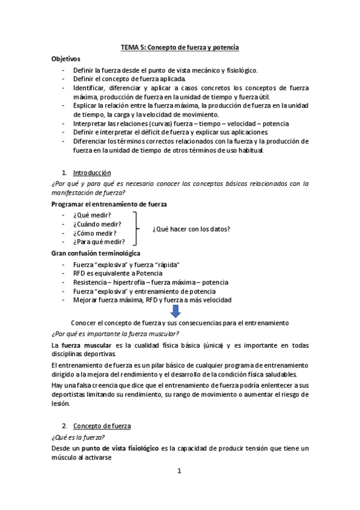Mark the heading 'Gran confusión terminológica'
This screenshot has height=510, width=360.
coord(96,253)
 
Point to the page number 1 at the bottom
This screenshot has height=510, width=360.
coord(179,471)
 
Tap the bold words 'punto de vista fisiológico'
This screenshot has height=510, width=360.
coord(121,448)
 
